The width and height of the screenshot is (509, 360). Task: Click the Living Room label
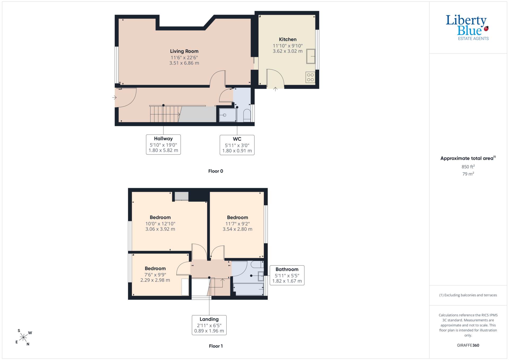click(x=184, y=51)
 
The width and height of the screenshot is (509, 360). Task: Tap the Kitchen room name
click(x=288, y=39)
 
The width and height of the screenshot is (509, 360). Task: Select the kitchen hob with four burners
click(x=310, y=77)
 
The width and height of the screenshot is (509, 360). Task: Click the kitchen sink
click(x=311, y=56)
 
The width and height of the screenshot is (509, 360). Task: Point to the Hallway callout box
click(x=163, y=144)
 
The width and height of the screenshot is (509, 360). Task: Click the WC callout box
click(x=237, y=145)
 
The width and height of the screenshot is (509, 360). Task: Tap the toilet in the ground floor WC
click(x=247, y=115)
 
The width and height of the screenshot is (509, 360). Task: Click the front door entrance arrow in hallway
click(x=114, y=98)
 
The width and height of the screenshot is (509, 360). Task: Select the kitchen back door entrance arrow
click(x=275, y=89)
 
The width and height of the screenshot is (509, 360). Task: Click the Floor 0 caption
click(x=216, y=171)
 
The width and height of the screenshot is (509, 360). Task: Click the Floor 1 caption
click(x=216, y=346)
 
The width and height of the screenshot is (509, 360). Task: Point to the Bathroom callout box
click(x=287, y=275)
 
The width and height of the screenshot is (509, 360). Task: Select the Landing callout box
click(x=209, y=325)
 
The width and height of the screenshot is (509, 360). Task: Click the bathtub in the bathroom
click(x=248, y=289)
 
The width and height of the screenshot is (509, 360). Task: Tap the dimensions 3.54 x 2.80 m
click(x=237, y=229)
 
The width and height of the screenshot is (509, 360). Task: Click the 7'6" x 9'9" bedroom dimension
click(x=155, y=275)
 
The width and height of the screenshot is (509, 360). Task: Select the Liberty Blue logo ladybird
click(x=486, y=29)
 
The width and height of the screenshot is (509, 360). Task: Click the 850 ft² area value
click(x=468, y=167)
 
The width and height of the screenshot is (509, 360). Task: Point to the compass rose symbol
click(x=24, y=337)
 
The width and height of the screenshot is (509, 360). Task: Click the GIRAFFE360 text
click(x=468, y=345)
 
